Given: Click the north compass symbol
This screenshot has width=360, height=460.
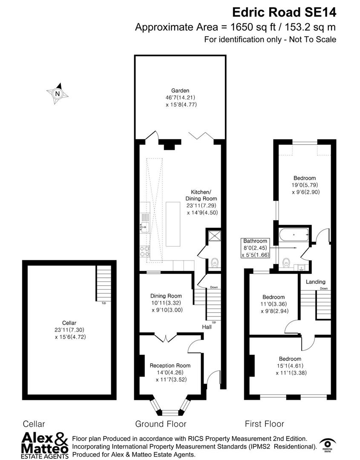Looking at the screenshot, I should pos(58,93).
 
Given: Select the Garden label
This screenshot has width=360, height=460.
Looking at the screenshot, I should pos(180,90).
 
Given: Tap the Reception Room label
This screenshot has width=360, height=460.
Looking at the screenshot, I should pos(170,365).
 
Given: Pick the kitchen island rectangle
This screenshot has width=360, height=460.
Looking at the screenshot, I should pos(173,223).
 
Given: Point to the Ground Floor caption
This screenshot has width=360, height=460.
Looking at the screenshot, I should pos(161,424).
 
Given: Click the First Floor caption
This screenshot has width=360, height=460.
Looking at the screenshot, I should pos(264,424).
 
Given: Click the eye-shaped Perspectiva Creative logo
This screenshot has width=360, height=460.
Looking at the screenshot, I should pos(327,443).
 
